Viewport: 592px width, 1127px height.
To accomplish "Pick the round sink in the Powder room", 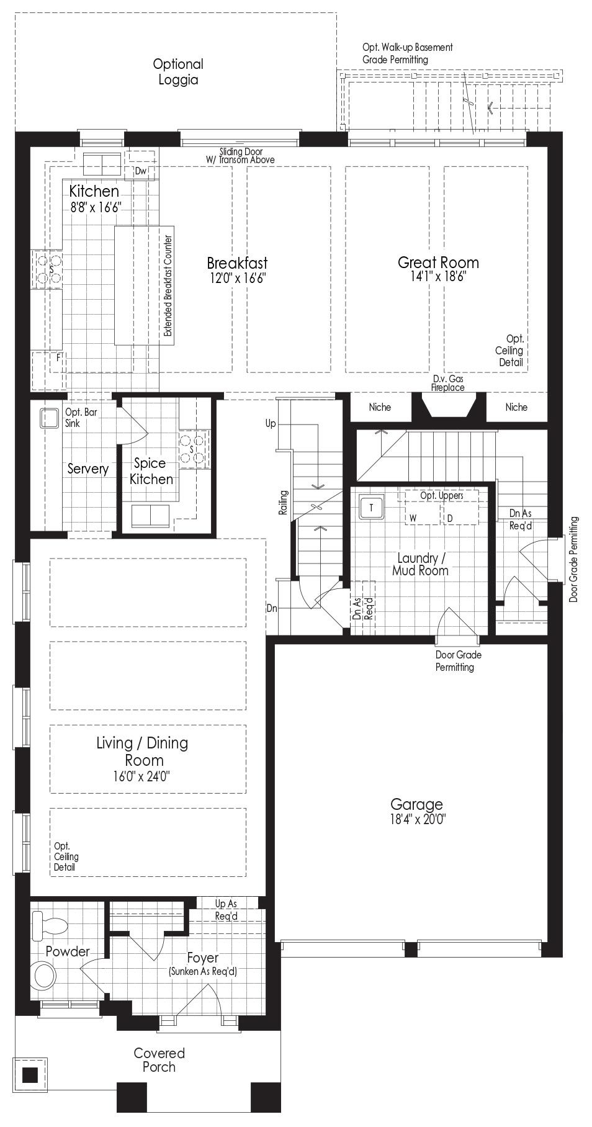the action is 45,975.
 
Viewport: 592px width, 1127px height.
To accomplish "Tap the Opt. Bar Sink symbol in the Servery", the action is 49,418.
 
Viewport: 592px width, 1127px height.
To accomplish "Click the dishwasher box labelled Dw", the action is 140,171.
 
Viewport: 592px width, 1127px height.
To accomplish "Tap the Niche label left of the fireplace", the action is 380,407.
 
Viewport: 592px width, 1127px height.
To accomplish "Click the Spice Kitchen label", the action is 151,471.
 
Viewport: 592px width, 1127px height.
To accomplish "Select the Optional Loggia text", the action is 178,72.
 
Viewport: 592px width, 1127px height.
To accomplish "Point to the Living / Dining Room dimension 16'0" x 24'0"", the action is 142,776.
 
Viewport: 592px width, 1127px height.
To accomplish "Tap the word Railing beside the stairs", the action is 284,502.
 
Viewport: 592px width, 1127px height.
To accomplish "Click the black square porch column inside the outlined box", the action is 30,1074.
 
